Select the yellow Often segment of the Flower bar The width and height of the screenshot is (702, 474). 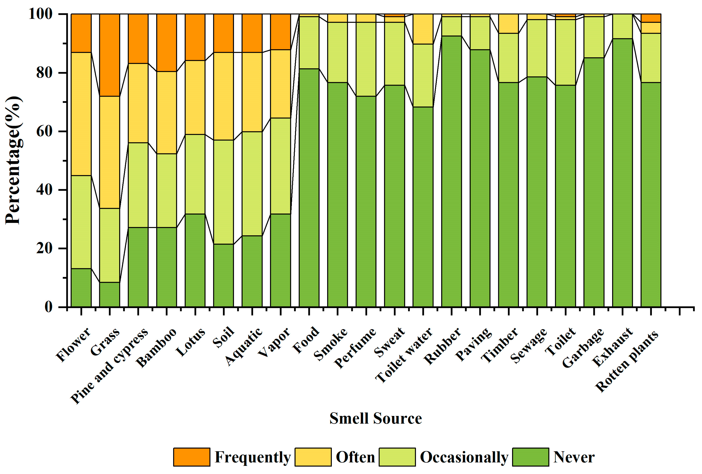[81, 114]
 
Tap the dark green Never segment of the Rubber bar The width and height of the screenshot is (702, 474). [451, 171]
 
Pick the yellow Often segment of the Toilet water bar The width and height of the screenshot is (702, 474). [423, 29]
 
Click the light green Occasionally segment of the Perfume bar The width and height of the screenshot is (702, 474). [366, 59]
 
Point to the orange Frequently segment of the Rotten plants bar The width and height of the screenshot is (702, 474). [651, 18]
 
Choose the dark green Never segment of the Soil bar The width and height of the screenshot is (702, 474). [224, 275]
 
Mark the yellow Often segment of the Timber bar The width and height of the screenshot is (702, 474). [508, 23]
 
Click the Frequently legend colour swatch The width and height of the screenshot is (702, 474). [192, 457]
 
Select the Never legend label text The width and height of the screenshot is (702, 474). [574, 457]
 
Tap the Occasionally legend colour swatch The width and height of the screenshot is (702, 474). [397, 457]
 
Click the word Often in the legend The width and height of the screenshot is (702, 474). [355, 457]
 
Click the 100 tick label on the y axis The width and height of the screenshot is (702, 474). [41, 14]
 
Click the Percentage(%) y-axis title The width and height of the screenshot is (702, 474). [13, 160]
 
